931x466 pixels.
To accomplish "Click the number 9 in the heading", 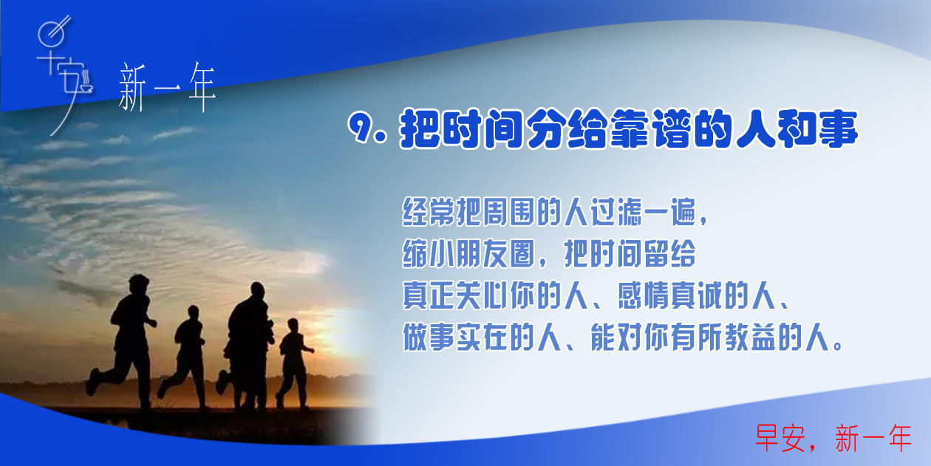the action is [361, 127].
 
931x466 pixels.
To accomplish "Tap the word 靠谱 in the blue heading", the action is [651, 129].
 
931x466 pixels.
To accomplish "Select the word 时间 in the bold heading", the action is [482, 129].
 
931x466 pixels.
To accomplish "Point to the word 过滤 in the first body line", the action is [617, 212].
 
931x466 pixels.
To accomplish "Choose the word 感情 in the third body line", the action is [644, 295].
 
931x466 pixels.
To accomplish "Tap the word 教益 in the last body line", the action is [751, 337].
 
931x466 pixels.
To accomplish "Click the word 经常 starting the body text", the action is [428, 212].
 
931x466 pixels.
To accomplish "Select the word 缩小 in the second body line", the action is [428, 253].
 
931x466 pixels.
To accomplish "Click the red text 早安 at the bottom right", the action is [780, 438].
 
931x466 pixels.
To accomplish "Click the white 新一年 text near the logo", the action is [167, 87].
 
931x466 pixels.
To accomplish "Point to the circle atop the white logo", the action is [52, 34].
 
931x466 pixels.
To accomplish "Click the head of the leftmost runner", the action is [139, 284].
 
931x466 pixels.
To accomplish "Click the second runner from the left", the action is [185, 357].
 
